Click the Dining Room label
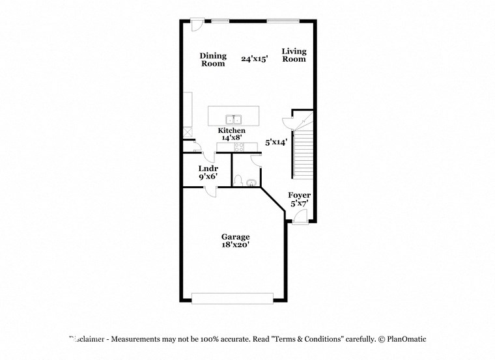pyautogui.click(x=212, y=60)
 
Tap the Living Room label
pyautogui.click(x=294, y=55)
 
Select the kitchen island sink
pyautogui.click(x=233, y=119)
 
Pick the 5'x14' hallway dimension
pyautogui.click(x=276, y=141)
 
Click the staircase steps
pyautogui.click(x=303, y=154)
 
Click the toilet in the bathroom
pyautogui.click(x=239, y=180)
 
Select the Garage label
pyautogui.click(x=235, y=237)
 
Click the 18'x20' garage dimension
pyautogui.click(x=235, y=245)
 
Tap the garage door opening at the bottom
pyautogui.click(x=233, y=298)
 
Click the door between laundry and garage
pyautogui.click(x=210, y=189)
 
